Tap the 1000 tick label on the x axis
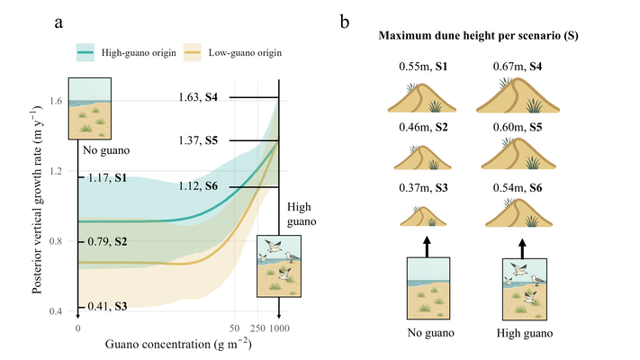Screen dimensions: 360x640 tap(279, 328)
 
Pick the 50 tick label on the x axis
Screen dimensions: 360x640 tap(235, 328)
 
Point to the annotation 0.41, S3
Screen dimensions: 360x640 tap(104, 307)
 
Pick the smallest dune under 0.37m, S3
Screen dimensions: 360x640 tap(420, 217)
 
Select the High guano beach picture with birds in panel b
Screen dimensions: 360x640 tap(519, 287)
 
